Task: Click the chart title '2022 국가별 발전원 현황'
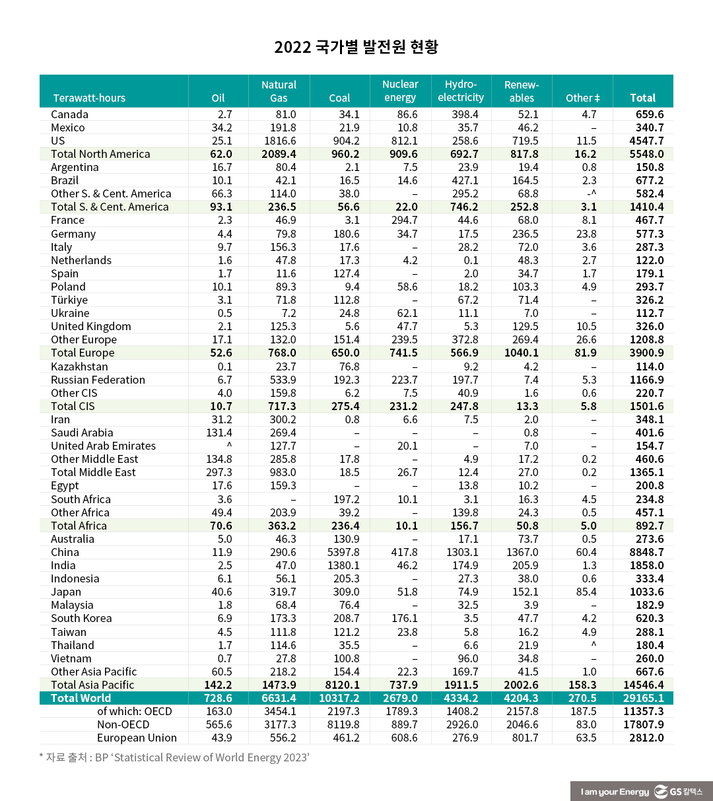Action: tap(356, 47)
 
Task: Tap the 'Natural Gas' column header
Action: tap(279, 91)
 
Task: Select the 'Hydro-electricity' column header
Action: tap(461, 91)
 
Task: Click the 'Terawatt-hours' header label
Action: tap(89, 98)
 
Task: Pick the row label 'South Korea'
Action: tap(81, 618)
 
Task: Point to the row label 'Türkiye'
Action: tap(69, 300)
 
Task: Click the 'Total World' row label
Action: tap(81, 698)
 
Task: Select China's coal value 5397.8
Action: tap(343, 552)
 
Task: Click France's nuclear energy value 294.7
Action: tap(404, 220)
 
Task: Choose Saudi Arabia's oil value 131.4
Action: tap(219, 433)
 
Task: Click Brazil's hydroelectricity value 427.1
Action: tap(465, 180)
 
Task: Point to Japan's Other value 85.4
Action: tap(586, 592)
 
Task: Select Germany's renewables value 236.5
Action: tap(526, 234)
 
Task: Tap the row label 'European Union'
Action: tap(137, 738)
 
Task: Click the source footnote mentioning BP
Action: tap(174, 757)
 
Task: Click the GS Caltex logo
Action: tap(679, 791)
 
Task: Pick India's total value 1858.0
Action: tap(647, 565)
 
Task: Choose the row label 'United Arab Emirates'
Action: tap(104, 446)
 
